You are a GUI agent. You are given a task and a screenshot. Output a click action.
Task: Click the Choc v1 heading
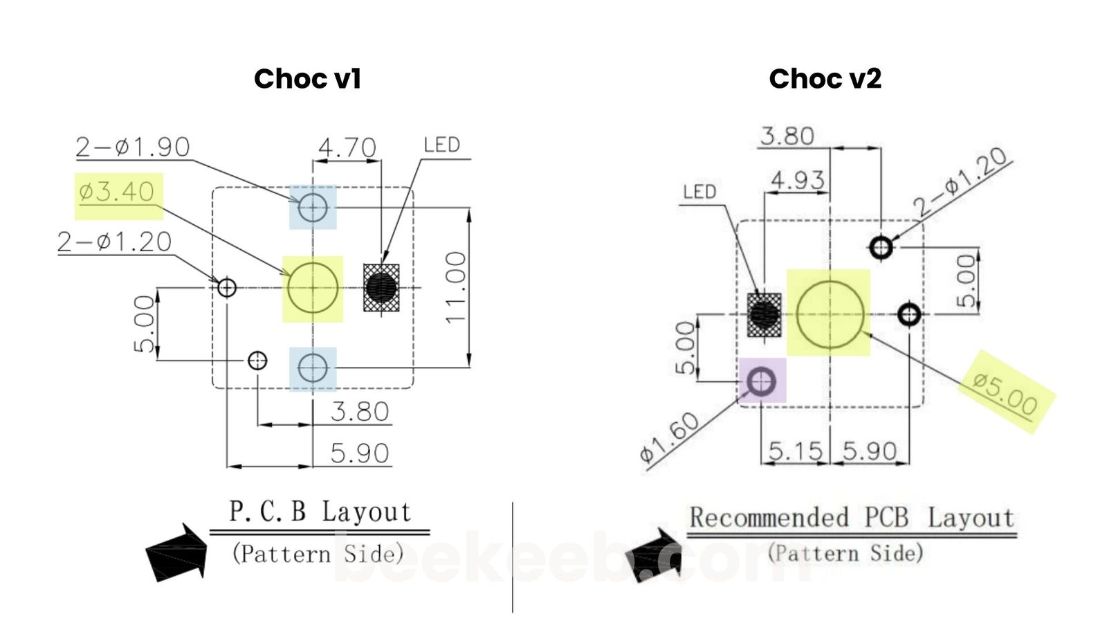pos(307,79)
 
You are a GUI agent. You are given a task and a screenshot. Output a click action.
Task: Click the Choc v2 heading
pos(825,79)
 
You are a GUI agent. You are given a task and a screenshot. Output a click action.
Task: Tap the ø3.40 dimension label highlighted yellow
pos(117,192)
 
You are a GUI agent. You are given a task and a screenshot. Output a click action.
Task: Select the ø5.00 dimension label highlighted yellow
pos(1005,392)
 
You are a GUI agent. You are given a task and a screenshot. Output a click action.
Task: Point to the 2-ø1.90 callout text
pos(132,147)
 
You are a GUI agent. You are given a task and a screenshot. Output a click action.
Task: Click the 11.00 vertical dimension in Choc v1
pos(456,287)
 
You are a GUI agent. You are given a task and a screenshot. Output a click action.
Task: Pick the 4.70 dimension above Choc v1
pos(347,147)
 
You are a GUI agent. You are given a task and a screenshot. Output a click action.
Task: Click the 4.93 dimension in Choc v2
pos(798,180)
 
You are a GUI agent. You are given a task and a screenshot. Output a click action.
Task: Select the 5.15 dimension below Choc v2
pos(795,452)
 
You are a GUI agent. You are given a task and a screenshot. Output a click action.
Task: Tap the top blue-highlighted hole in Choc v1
pos(313,207)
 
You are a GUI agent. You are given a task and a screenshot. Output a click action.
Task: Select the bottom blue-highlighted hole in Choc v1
pos(313,368)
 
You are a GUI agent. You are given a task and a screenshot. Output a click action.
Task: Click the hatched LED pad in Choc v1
pos(381,287)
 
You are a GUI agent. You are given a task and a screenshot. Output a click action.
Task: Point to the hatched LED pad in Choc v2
pos(765,315)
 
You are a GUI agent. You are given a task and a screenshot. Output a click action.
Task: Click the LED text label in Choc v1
pos(441,145)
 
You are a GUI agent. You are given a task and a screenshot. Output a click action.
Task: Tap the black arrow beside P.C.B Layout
pos(177,552)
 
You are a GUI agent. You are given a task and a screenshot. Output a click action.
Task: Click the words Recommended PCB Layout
pos(851,518)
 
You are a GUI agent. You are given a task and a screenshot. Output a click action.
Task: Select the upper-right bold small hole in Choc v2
pos(881,247)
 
